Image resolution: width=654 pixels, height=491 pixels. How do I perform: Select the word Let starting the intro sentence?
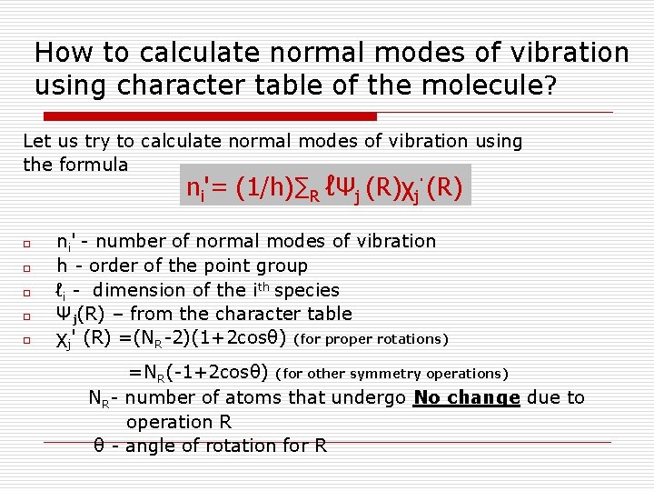36,141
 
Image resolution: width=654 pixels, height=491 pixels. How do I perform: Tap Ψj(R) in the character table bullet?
83,315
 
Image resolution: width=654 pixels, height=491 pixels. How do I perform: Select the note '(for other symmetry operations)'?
391,374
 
